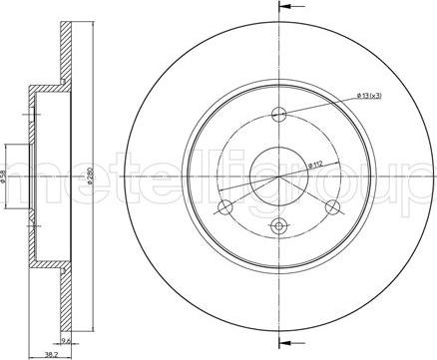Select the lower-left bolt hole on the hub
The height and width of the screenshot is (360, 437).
coord(225,206)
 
